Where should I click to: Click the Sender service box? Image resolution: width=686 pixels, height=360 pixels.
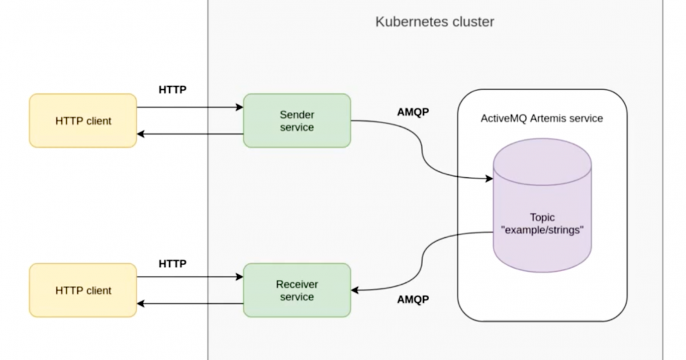point(296,121)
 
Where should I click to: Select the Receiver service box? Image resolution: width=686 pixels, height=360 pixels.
point(296,290)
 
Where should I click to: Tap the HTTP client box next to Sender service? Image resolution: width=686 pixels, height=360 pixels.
point(83,121)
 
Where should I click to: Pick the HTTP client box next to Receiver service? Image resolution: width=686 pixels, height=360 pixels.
point(83,290)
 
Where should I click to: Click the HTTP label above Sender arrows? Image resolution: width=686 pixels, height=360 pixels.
point(173,90)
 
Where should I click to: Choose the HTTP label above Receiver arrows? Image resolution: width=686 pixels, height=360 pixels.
point(173,262)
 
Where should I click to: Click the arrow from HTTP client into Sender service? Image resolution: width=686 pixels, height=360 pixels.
point(190,105)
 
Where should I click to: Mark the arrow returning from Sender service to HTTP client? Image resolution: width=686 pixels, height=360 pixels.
point(190,135)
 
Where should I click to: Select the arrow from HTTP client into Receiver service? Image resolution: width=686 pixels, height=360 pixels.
point(190,275)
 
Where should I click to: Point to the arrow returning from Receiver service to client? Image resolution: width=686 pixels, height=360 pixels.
point(190,304)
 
